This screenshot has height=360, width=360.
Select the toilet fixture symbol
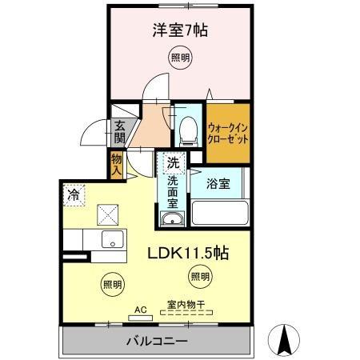188,127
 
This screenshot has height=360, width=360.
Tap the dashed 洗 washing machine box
173,162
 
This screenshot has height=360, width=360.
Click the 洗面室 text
173,193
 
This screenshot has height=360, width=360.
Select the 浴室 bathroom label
220,183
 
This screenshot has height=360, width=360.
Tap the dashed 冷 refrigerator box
74,194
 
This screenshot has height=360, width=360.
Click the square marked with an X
107,214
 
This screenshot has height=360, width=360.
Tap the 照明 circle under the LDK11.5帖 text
199,277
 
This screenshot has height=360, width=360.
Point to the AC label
141,308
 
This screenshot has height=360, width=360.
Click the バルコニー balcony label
157,342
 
